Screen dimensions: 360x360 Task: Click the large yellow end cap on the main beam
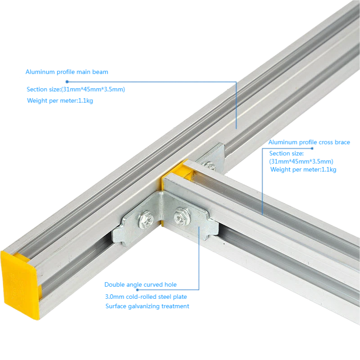pyautogui.click(x=19, y=285)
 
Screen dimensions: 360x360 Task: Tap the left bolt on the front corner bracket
pyautogui.click(x=145, y=220)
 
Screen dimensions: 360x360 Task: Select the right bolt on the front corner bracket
pyautogui.click(x=182, y=217)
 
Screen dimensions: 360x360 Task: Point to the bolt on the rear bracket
pyautogui.click(x=209, y=166)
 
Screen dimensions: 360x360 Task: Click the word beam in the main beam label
pyautogui.click(x=100, y=72)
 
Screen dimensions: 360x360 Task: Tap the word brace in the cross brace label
pyautogui.click(x=342, y=142)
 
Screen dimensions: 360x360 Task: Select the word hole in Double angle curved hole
pyautogui.click(x=171, y=285)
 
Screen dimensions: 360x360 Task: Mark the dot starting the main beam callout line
pyautogui.click(x=67, y=82)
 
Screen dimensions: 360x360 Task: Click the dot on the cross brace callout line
pyautogui.click(x=312, y=148)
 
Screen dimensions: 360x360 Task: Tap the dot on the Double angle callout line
pyautogui.click(x=137, y=290)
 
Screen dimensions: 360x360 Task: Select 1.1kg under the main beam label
pyautogui.click(x=85, y=100)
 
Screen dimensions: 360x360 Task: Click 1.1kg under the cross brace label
pyautogui.click(x=329, y=170)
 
